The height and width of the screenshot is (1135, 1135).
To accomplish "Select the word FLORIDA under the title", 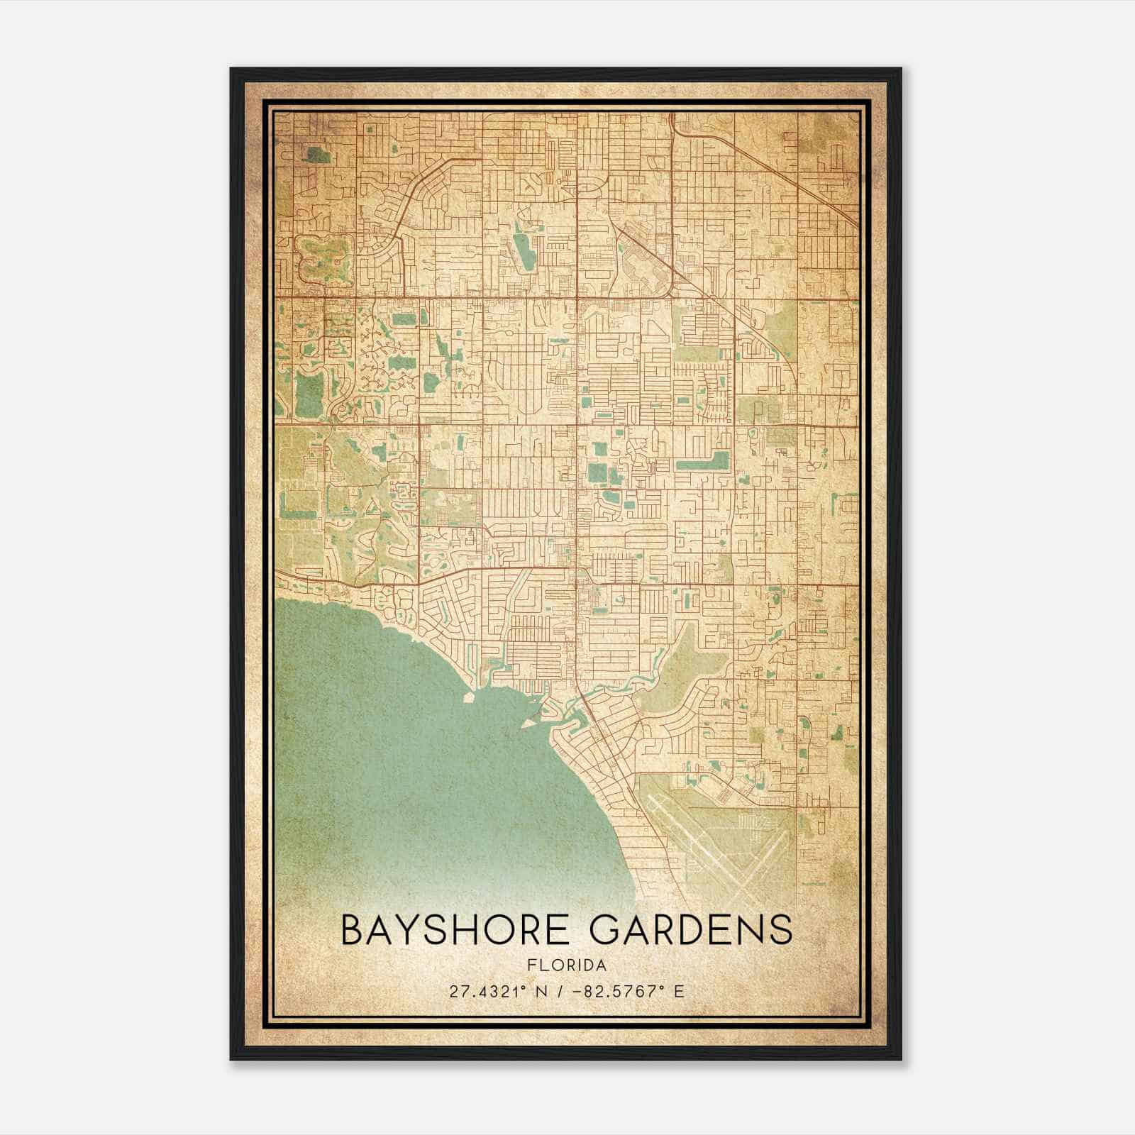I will [566, 965].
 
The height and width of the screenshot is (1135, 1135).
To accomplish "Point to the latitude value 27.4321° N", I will [495, 991].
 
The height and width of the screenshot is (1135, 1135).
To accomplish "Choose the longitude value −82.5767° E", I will [627, 991].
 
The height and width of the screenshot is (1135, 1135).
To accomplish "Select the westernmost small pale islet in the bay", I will [468, 697].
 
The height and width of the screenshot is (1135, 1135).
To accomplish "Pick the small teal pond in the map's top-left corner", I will [312, 153].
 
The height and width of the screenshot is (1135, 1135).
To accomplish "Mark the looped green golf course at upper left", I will [323, 259].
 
